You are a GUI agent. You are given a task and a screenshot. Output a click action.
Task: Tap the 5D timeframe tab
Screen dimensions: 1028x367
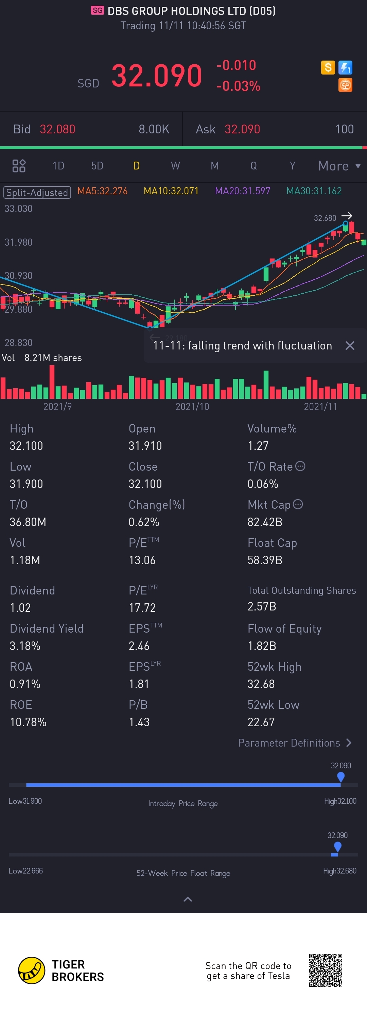tap(97, 166)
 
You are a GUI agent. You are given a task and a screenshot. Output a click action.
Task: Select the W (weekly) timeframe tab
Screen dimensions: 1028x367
tap(175, 166)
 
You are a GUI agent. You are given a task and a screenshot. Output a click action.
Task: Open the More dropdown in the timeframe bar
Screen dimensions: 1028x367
tap(339, 166)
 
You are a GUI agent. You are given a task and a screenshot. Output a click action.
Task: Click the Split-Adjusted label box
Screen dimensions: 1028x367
tap(37, 192)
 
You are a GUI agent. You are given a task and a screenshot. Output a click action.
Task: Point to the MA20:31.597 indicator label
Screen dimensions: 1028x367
tap(242, 191)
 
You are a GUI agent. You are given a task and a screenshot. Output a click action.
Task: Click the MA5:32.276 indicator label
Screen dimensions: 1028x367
tap(102, 191)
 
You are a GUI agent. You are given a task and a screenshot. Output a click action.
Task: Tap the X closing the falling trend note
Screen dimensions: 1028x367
tap(349, 346)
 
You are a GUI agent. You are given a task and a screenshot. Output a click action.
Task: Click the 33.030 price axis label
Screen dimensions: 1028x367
tap(18, 208)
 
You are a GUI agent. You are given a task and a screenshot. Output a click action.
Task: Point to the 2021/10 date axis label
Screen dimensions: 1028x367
tap(192, 406)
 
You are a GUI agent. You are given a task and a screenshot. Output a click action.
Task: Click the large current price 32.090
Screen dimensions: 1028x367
tap(157, 76)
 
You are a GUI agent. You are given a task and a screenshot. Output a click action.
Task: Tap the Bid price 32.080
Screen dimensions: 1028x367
tap(57, 129)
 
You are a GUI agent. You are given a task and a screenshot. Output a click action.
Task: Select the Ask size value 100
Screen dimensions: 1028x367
tap(344, 129)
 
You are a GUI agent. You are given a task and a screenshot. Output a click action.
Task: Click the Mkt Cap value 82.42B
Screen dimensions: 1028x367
tap(265, 522)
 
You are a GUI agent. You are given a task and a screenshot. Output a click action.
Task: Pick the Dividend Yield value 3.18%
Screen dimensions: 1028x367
tap(25, 646)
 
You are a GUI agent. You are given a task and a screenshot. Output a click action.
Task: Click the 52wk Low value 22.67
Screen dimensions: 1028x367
tap(261, 722)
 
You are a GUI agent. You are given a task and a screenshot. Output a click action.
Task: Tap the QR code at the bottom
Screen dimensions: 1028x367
tap(326, 970)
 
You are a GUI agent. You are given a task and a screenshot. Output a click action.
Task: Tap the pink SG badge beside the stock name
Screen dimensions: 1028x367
tap(97, 10)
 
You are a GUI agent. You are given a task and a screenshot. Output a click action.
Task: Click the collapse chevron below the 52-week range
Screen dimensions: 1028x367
tap(187, 899)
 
